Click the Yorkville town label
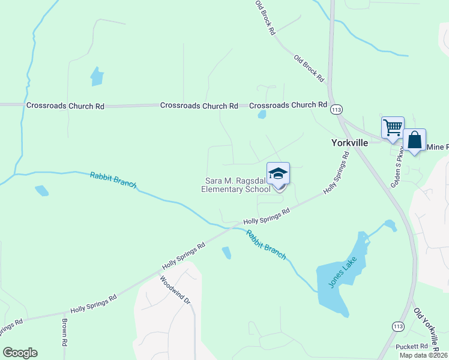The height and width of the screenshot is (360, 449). click(x=349, y=143)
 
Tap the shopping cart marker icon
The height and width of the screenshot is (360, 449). click(x=393, y=128)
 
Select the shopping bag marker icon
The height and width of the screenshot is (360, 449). click(x=414, y=140)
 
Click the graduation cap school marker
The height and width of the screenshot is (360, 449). click(x=278, y=174)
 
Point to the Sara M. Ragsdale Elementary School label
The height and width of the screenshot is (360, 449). click(x=238, y=185)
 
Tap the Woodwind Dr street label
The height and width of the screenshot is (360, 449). click(x=175, y=289)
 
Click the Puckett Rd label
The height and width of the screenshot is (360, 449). click(x=412, y=347)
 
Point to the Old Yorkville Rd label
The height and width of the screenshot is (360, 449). click(x=430, y=329)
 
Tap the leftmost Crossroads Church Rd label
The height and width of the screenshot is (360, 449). click(x=65, y=106)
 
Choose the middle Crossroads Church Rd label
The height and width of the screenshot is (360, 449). click(x=199, y=106)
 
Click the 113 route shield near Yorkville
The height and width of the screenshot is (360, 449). click(x=337, y=110)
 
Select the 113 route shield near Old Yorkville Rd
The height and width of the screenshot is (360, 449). click(x=397, y=326)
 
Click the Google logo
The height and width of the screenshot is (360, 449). click(x=20, y=353)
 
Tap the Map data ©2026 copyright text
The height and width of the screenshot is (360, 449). click(x=423, y=355)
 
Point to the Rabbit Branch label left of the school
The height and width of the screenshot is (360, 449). click(x=113, y=181)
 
